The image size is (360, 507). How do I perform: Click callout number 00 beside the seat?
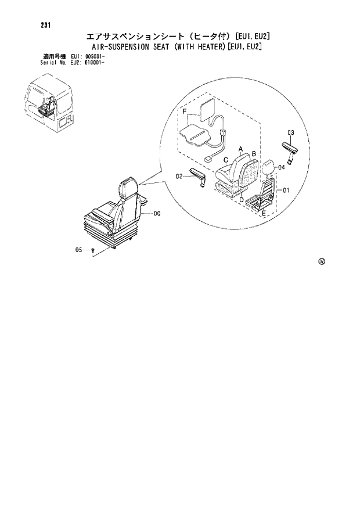157,214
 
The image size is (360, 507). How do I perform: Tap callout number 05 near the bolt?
79,250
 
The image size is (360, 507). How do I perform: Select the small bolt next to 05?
93,250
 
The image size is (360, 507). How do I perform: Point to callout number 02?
179,175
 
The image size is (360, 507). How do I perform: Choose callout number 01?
286,190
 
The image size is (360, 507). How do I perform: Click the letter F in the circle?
184,111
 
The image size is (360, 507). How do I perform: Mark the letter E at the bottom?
264,214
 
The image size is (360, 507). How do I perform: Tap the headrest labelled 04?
268,168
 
